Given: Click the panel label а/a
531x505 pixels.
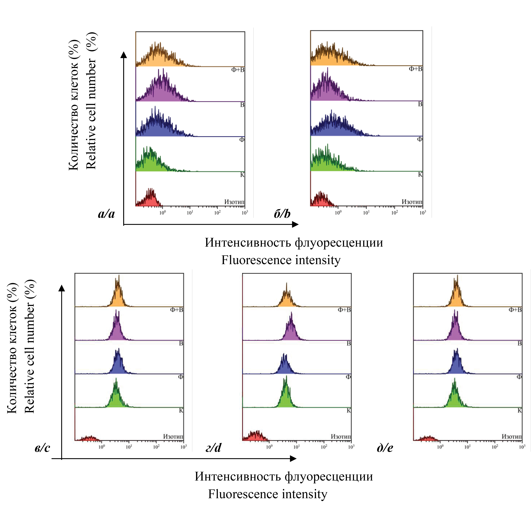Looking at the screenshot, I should click(x=106, y=214).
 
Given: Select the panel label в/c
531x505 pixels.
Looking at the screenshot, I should click(x=42, y=448).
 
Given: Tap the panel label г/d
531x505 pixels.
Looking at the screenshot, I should click(x=213, y=448).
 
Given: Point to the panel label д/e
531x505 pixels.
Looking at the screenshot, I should click(x=385, y=448).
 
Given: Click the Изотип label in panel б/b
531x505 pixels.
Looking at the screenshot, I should click(x=412, y=202).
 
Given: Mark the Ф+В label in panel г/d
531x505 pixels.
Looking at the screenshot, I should click(x=344, y=310).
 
